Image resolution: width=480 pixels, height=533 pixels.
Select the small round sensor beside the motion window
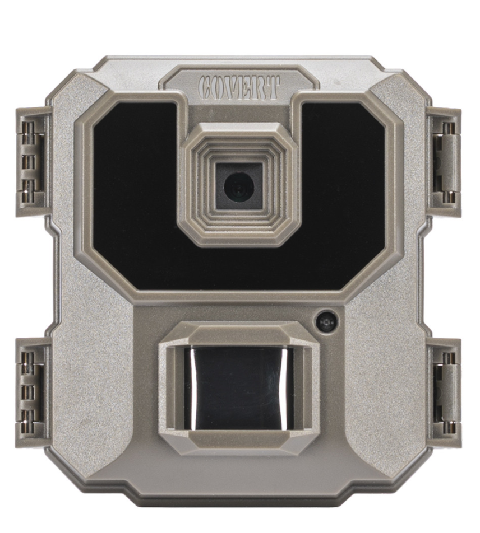click(x=326, y=321)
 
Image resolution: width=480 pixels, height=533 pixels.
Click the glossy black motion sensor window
click(x=238, y=387)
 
